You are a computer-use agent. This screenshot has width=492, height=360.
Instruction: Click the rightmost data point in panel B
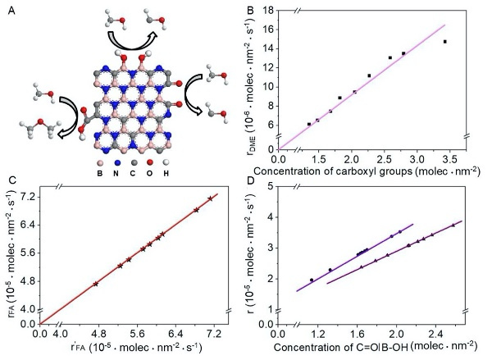tap(444, 42)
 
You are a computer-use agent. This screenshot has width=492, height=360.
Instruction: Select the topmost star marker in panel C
tap(211, 198)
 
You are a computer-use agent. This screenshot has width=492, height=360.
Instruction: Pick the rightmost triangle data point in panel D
tap(453, 225)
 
